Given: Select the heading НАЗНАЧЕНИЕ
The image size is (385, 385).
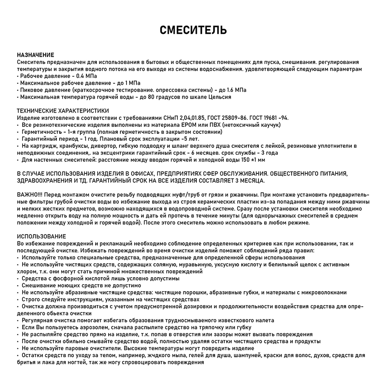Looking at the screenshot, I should [35, 55].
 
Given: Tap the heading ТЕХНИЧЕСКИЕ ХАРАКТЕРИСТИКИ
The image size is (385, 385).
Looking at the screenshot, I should [63, 111].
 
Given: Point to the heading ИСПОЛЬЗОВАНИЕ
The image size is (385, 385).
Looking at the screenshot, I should [41, 236].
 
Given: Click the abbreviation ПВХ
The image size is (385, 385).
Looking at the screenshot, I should [216, 125].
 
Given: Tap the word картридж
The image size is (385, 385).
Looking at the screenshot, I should [44, 146].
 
